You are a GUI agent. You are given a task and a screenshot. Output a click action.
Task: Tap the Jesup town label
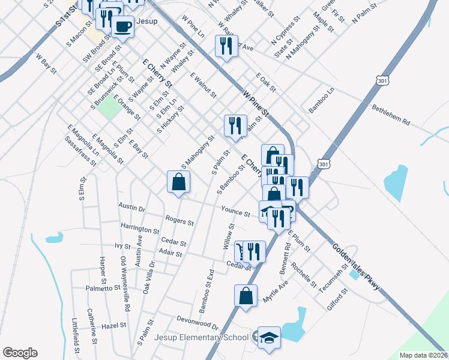pos(146,21)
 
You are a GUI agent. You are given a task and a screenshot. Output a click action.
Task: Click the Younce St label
pos(235,212)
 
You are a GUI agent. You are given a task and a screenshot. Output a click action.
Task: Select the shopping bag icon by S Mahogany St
pos(179,182)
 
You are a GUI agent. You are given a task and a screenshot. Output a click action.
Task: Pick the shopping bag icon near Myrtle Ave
pos(246,296)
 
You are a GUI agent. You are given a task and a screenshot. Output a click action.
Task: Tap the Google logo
pos(20,353)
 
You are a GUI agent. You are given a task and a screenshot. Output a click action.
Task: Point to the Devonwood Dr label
pos(197,322)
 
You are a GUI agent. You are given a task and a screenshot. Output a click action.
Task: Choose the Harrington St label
pos(140,230)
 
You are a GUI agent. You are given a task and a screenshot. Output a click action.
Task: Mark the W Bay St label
pos(46,64)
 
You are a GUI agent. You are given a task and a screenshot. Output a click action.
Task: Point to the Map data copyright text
pos(424,355)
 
